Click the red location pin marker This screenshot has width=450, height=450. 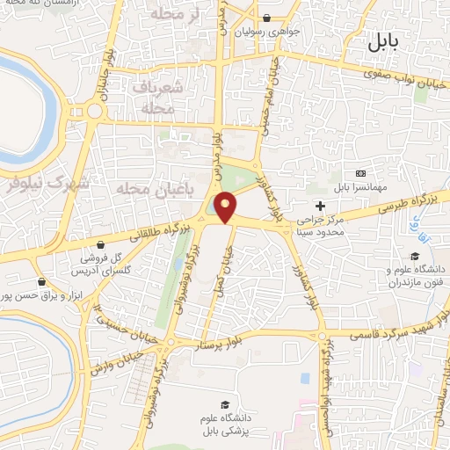click(x=226, y=206)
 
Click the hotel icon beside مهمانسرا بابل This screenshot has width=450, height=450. click(x=360, y=173)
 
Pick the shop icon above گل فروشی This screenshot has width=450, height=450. click(x=103, y=243)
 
